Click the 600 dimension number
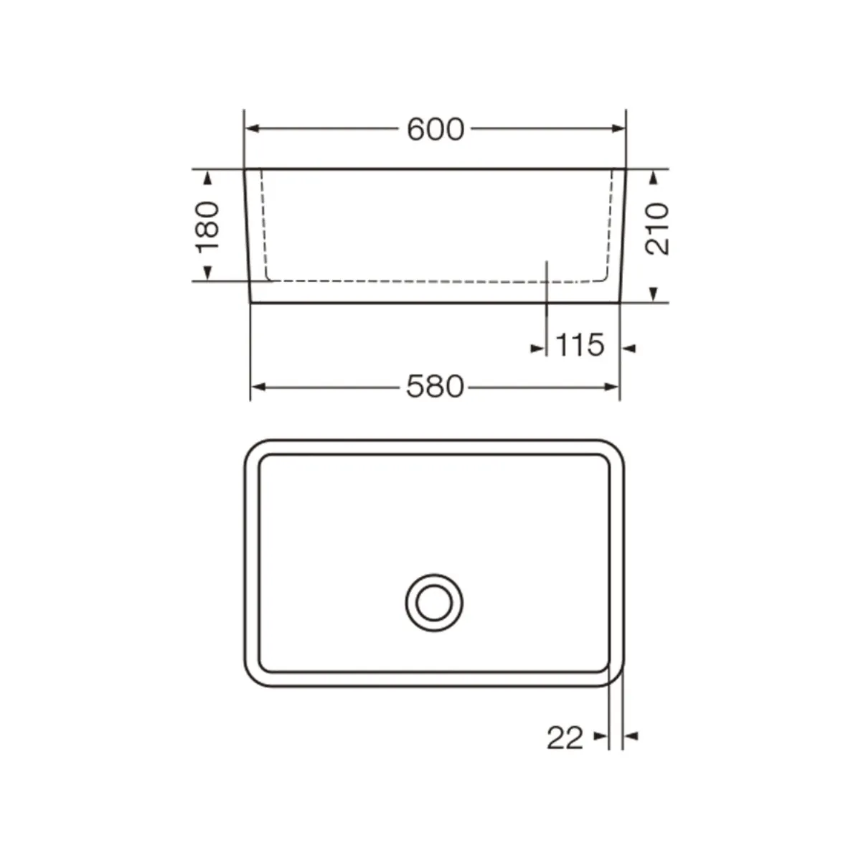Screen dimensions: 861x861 click(x=436, y=130)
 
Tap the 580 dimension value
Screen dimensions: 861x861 click(x=435, y=387)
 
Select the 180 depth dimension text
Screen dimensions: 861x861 click(x=208, y=227)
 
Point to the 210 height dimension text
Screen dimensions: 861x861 click(x=657, y=229)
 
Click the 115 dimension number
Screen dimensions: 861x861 click(x=580, y=345)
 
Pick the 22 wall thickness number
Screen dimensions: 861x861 click(x=565, y=738)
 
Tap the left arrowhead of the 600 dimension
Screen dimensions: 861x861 click(x=253, y=128)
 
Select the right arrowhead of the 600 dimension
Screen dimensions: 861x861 click(x=618, y=128)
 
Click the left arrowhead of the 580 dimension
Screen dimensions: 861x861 click(x=259, y=387)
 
